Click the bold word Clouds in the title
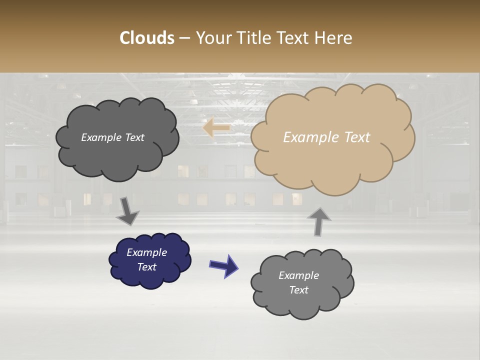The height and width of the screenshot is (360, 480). coord(146,38)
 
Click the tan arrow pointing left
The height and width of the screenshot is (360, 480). coord(216,128)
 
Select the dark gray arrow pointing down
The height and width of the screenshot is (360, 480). coord(127,211)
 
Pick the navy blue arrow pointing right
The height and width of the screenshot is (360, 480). coord(224,265)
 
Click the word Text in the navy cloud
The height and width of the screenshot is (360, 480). coord(147,267)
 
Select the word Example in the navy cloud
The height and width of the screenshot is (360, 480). coord(147,252)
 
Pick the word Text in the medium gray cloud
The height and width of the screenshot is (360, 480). coord(298,290)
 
